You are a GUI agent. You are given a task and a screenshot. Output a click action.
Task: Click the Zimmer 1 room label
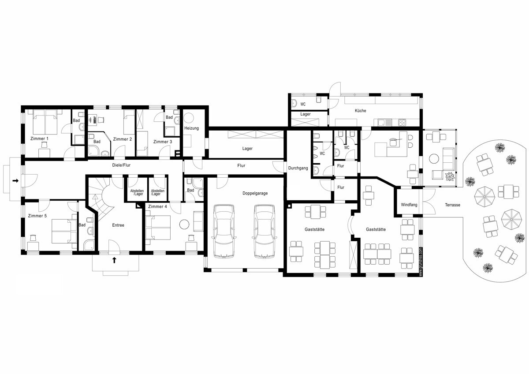(x=39, y=138)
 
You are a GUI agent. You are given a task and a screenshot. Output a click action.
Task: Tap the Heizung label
(x=191, y=128)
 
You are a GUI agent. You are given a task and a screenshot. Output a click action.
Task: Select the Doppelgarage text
(x=255, y=193)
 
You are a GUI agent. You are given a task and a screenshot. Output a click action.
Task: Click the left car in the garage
(x=224, y=231)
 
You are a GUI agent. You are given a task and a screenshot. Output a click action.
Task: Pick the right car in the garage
(x=264, y=231)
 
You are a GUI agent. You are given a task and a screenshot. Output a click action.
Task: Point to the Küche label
(x=361, y=111)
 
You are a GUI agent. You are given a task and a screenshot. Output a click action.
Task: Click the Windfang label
(x=409, y=205)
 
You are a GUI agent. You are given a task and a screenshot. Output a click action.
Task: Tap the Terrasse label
(x=452, y=205)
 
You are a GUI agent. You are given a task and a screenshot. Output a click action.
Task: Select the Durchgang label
(x=298, y=168)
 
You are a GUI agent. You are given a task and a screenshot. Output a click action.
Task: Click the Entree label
(x=118, y=225)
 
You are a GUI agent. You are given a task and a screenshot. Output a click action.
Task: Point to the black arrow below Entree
(x=114, y=260)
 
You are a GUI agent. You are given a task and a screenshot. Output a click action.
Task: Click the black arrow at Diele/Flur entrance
(x=15, y=181)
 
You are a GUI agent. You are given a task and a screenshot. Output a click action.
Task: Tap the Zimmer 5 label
(x=37, y=216)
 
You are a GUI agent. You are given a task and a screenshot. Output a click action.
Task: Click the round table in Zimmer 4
(x=184, y=224)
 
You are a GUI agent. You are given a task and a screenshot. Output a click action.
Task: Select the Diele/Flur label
(x=121, y=165)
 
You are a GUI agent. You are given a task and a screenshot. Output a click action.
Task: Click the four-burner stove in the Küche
(x=402, y=122)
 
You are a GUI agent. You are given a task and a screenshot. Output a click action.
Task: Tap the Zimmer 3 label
(x=163, y=142)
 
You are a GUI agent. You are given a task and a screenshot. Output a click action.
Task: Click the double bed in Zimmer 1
(x=45, y=122)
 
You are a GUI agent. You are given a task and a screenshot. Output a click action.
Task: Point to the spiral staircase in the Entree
(x=101, y=198)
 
